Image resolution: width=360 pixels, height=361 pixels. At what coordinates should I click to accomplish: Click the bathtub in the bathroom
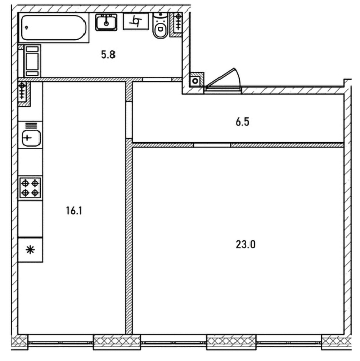(54, 28)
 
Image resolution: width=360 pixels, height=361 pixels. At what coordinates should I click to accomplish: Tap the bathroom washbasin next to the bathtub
(106, 22)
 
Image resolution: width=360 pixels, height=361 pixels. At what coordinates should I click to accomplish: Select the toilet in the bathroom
(160, 26)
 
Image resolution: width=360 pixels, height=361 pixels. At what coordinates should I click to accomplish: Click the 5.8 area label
(108, 55)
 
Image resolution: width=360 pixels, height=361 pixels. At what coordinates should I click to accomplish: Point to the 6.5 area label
(242, 122)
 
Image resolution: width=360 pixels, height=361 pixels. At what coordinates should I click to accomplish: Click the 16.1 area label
(74, 210)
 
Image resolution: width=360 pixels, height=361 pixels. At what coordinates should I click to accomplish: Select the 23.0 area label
(246, 244)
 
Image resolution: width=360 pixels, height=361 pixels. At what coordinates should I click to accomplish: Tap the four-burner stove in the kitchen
(30, 188)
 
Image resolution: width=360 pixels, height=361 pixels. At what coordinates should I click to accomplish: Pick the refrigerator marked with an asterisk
(30, 250)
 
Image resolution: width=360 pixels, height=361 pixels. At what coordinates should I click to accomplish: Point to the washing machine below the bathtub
(32, 61)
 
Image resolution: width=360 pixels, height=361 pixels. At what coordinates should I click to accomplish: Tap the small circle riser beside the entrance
(195, 81)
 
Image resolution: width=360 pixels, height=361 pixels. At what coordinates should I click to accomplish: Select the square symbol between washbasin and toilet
(136, 21)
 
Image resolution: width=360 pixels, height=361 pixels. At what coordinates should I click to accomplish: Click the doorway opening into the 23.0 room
(212, 145)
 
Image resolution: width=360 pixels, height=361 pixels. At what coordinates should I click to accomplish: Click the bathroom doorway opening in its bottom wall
(157, 79)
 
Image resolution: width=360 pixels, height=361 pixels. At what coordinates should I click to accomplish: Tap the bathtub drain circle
(27, 28)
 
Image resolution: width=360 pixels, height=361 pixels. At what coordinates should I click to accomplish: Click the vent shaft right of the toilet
(176, 24)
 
